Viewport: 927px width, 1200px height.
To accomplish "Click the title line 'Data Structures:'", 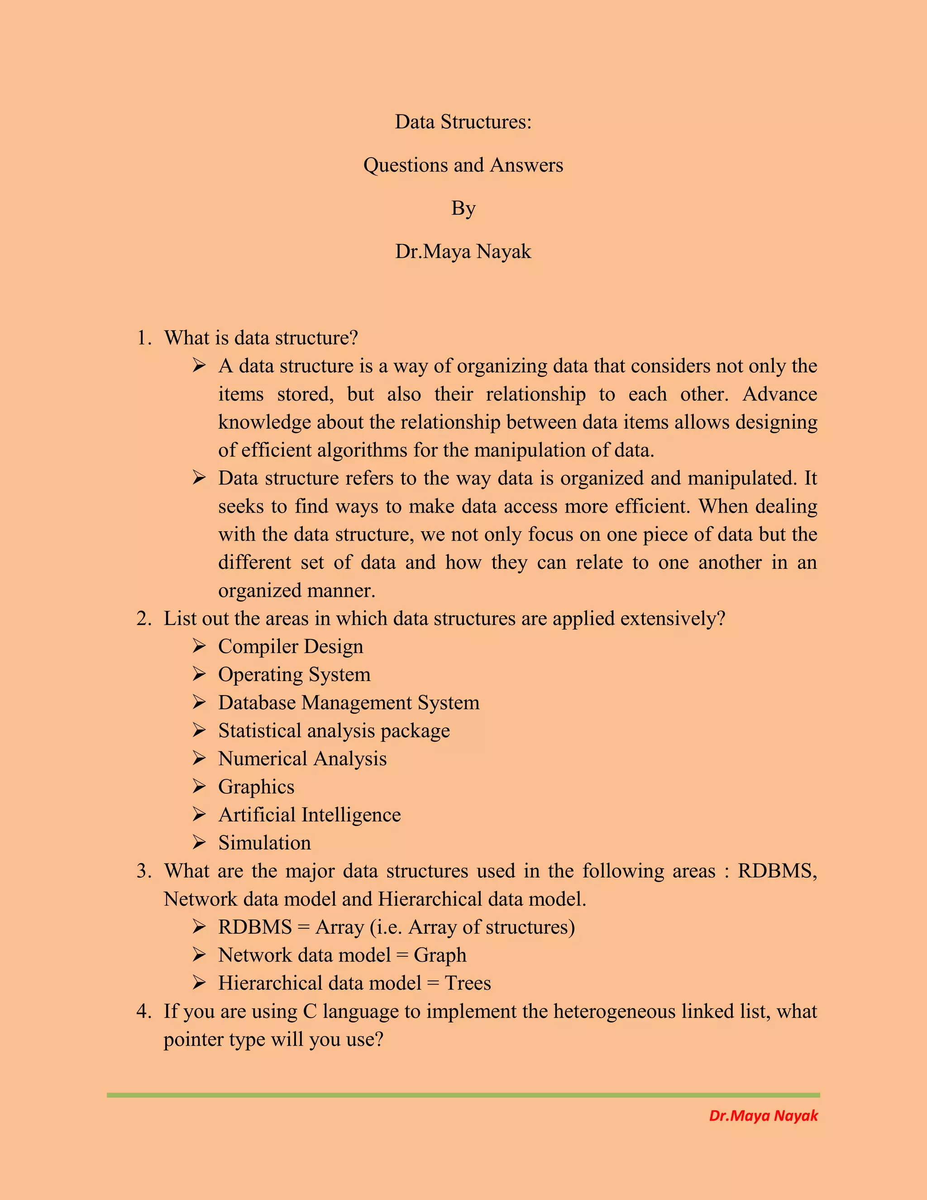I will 463,121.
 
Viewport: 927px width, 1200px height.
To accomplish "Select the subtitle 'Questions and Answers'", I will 463,165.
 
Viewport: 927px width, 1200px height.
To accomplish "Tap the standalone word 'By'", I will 463,208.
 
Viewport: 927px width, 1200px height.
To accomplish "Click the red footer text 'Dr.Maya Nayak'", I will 763,1115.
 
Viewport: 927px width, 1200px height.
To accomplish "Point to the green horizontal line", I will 463,1095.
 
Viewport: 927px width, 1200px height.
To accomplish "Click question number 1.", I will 144,338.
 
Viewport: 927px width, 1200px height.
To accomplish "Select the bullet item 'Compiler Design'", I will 291,646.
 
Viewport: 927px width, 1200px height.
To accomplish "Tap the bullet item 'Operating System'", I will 294,674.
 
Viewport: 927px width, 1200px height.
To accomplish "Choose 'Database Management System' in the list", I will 349,702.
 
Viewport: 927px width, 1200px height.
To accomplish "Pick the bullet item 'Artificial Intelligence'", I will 309,814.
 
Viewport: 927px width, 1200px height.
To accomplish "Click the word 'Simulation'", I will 264,843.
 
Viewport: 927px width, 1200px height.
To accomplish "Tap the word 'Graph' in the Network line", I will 440,955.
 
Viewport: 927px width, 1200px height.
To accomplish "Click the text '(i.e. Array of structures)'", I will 472,927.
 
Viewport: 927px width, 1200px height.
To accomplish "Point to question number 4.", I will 144,1011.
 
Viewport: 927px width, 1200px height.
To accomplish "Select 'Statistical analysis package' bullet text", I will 334,730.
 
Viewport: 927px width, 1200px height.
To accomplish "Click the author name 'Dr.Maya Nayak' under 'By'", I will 463,251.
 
